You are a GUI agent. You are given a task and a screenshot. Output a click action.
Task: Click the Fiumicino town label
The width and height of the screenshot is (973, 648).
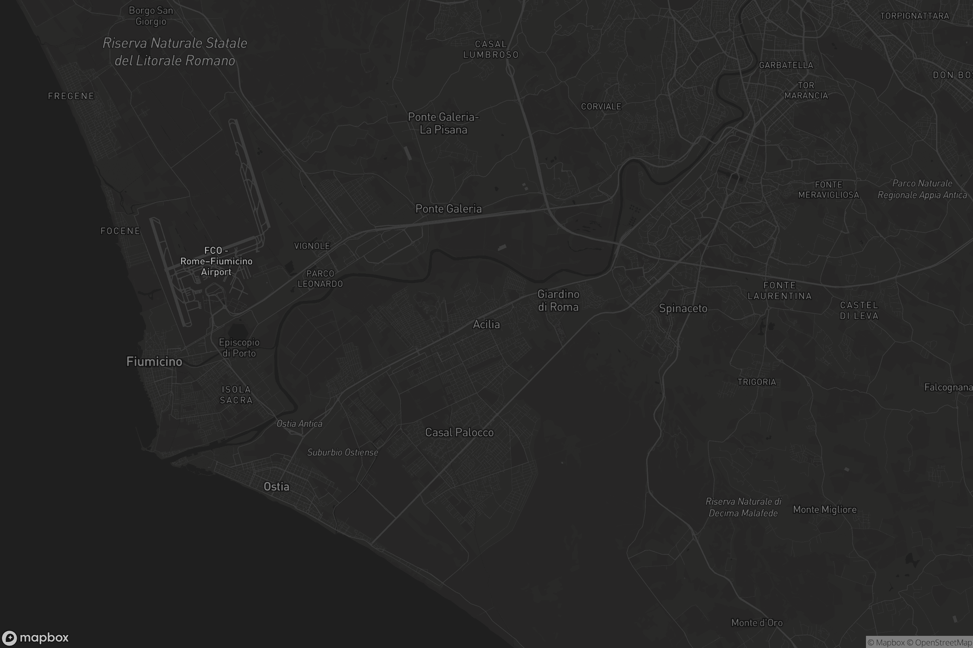point(154,362)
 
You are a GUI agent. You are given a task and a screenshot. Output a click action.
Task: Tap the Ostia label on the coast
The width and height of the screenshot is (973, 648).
point(276,487)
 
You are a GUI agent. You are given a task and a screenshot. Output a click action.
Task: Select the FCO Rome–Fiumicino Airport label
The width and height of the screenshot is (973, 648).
point(216,261)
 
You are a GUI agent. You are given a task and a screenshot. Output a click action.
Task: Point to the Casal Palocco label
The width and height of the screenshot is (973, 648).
point(459,433)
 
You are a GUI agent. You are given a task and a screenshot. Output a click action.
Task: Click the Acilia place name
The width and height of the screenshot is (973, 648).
point(486,324)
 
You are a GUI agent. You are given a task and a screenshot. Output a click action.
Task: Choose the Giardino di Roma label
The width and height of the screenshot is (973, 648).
point(558,301)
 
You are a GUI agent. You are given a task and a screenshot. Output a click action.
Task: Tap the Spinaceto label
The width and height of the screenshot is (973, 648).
point(683,309)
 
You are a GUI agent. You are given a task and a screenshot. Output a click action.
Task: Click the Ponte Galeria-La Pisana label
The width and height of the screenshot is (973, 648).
point(444,123)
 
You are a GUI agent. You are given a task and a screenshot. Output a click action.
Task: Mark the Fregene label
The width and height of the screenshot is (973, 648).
point(71,96)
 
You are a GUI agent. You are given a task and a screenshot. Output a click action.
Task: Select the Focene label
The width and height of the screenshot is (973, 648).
point(120,231)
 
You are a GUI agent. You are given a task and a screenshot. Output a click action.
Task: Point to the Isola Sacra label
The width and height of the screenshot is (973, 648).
point(236,394)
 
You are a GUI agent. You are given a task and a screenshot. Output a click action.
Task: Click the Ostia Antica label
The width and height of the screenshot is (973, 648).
point(299,424)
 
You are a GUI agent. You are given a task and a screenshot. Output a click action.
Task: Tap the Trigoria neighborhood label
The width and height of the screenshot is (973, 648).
point(757,382)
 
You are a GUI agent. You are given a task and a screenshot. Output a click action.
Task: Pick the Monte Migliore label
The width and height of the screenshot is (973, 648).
point(825,509)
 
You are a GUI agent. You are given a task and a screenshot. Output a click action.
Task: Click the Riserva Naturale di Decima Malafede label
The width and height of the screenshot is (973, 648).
point(743,507)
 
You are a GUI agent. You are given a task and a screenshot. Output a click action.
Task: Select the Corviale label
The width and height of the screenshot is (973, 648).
point(601,107)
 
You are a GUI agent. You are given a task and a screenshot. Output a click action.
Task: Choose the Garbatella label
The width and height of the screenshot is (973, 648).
point(786,65)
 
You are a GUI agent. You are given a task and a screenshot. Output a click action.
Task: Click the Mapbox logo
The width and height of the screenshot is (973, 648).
point(35,637)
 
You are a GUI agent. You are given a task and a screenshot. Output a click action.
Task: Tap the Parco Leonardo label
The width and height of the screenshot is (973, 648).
point(320,279)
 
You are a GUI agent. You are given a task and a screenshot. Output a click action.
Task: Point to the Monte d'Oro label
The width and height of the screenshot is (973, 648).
point(757,623)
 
